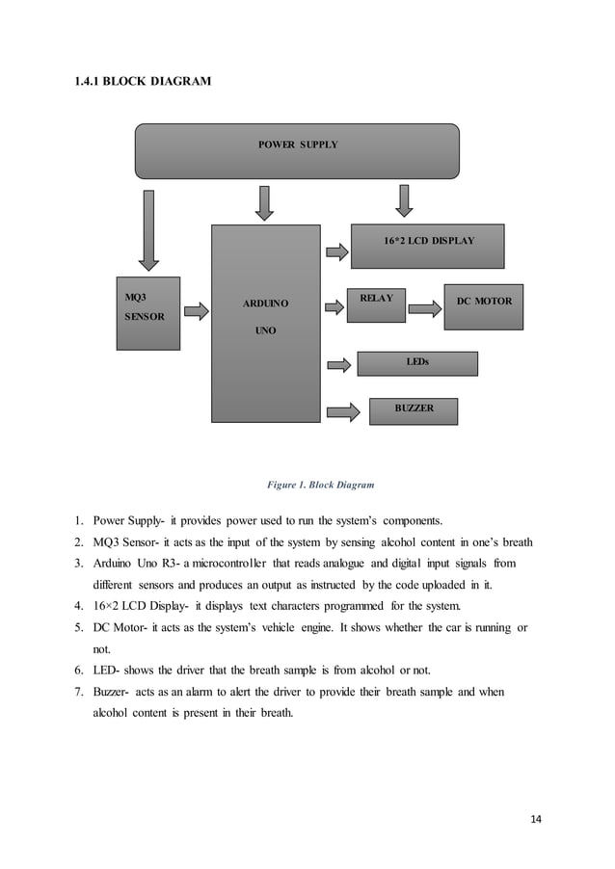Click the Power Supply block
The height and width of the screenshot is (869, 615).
[x=297, y=151]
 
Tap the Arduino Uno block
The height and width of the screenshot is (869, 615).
[x=265, y=323]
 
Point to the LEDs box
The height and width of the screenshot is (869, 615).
[x=417, y=363]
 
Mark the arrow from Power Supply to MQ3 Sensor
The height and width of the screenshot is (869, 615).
[x=147, y=231]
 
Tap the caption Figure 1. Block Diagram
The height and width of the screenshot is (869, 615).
[x=320, y=484]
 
